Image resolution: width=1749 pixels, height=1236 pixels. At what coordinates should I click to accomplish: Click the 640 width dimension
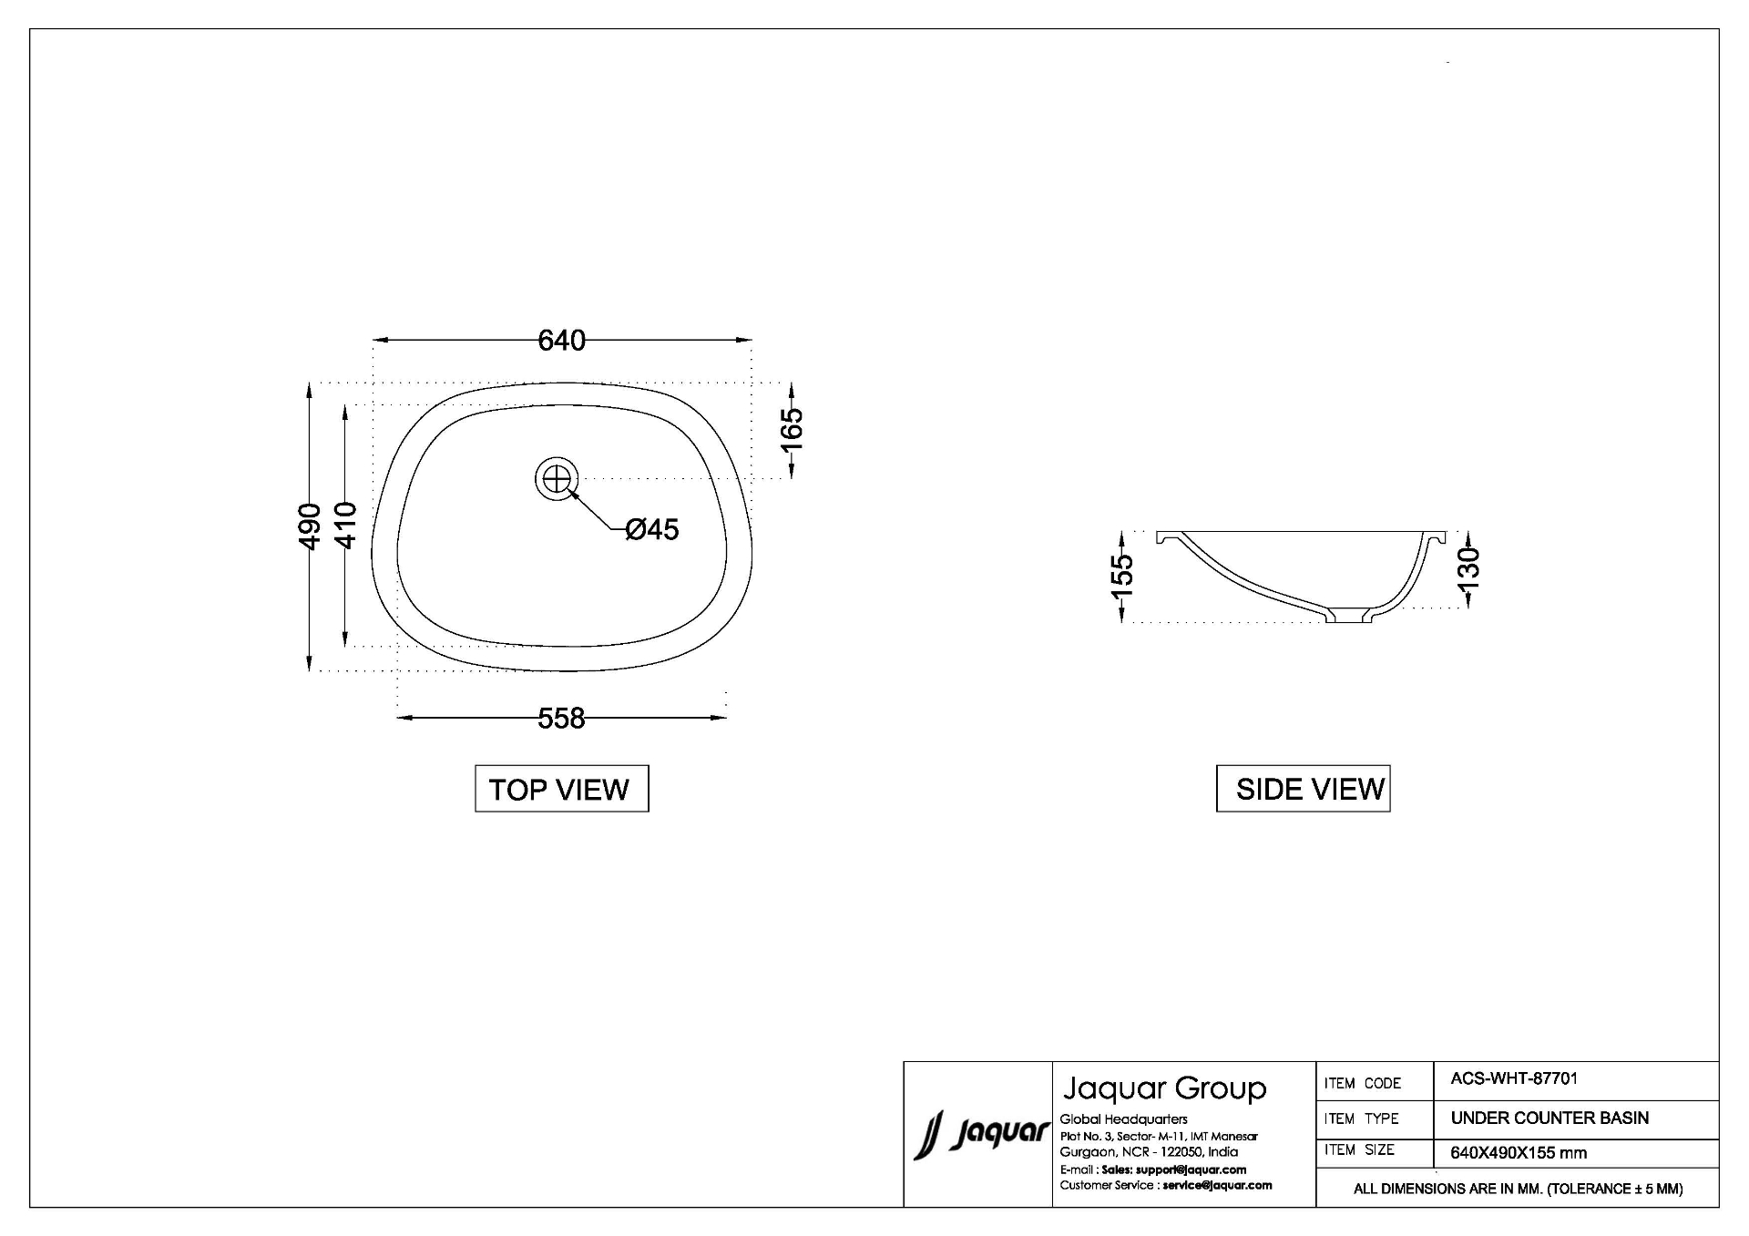tap(561, 340)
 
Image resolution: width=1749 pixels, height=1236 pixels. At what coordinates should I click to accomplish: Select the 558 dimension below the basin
tap(561, 719)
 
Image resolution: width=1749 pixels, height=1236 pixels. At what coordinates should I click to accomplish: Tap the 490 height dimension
tap(310, 526)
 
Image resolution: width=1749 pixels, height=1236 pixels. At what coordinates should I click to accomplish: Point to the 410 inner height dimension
tap(345, 526)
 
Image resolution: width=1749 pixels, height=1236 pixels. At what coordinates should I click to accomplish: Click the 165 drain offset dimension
tap(792, 429)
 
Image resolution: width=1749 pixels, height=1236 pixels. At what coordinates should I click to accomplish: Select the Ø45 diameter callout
tap(652, 529)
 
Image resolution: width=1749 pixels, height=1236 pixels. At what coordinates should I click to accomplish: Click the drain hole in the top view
tap(557, 478)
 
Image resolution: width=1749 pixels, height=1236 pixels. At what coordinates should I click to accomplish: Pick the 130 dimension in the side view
tap(1468, 568)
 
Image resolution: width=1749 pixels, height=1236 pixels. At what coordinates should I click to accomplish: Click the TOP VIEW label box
tap(561, 789)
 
